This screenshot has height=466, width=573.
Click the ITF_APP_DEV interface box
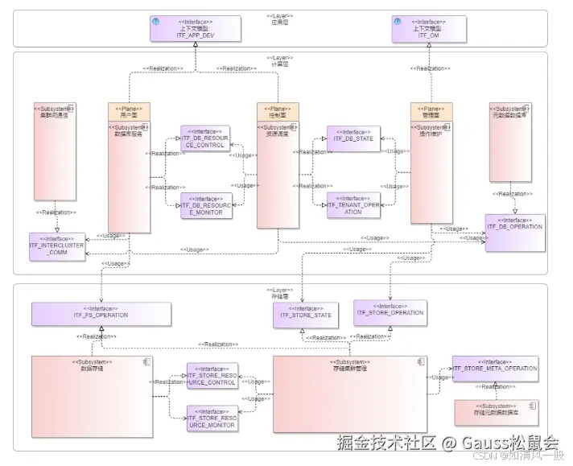pyautogui.click(x=194, y=29)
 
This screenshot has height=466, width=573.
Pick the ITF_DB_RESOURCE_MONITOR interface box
pyautogui.click(x=205, y=206)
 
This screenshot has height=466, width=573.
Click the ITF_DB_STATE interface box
pyautogui.click(x=353, y=139)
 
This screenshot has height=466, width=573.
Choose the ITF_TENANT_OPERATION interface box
pyautogui.click(x=353, y=206)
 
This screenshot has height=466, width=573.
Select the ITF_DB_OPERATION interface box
pyautogui.click(x=514, y=228)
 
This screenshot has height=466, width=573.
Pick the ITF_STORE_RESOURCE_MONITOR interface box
pyautogui.click(x=212, y=419)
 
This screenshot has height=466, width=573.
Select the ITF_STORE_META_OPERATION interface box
pyautogui.click(x=495, y=369)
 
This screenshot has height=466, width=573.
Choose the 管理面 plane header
pyautogui.click(x=431, y=111)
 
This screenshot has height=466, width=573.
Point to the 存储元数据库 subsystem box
pyautogui.click(x=496, y=412)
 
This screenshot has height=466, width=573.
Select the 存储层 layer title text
pyautogui.click(x=279, y=294)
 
